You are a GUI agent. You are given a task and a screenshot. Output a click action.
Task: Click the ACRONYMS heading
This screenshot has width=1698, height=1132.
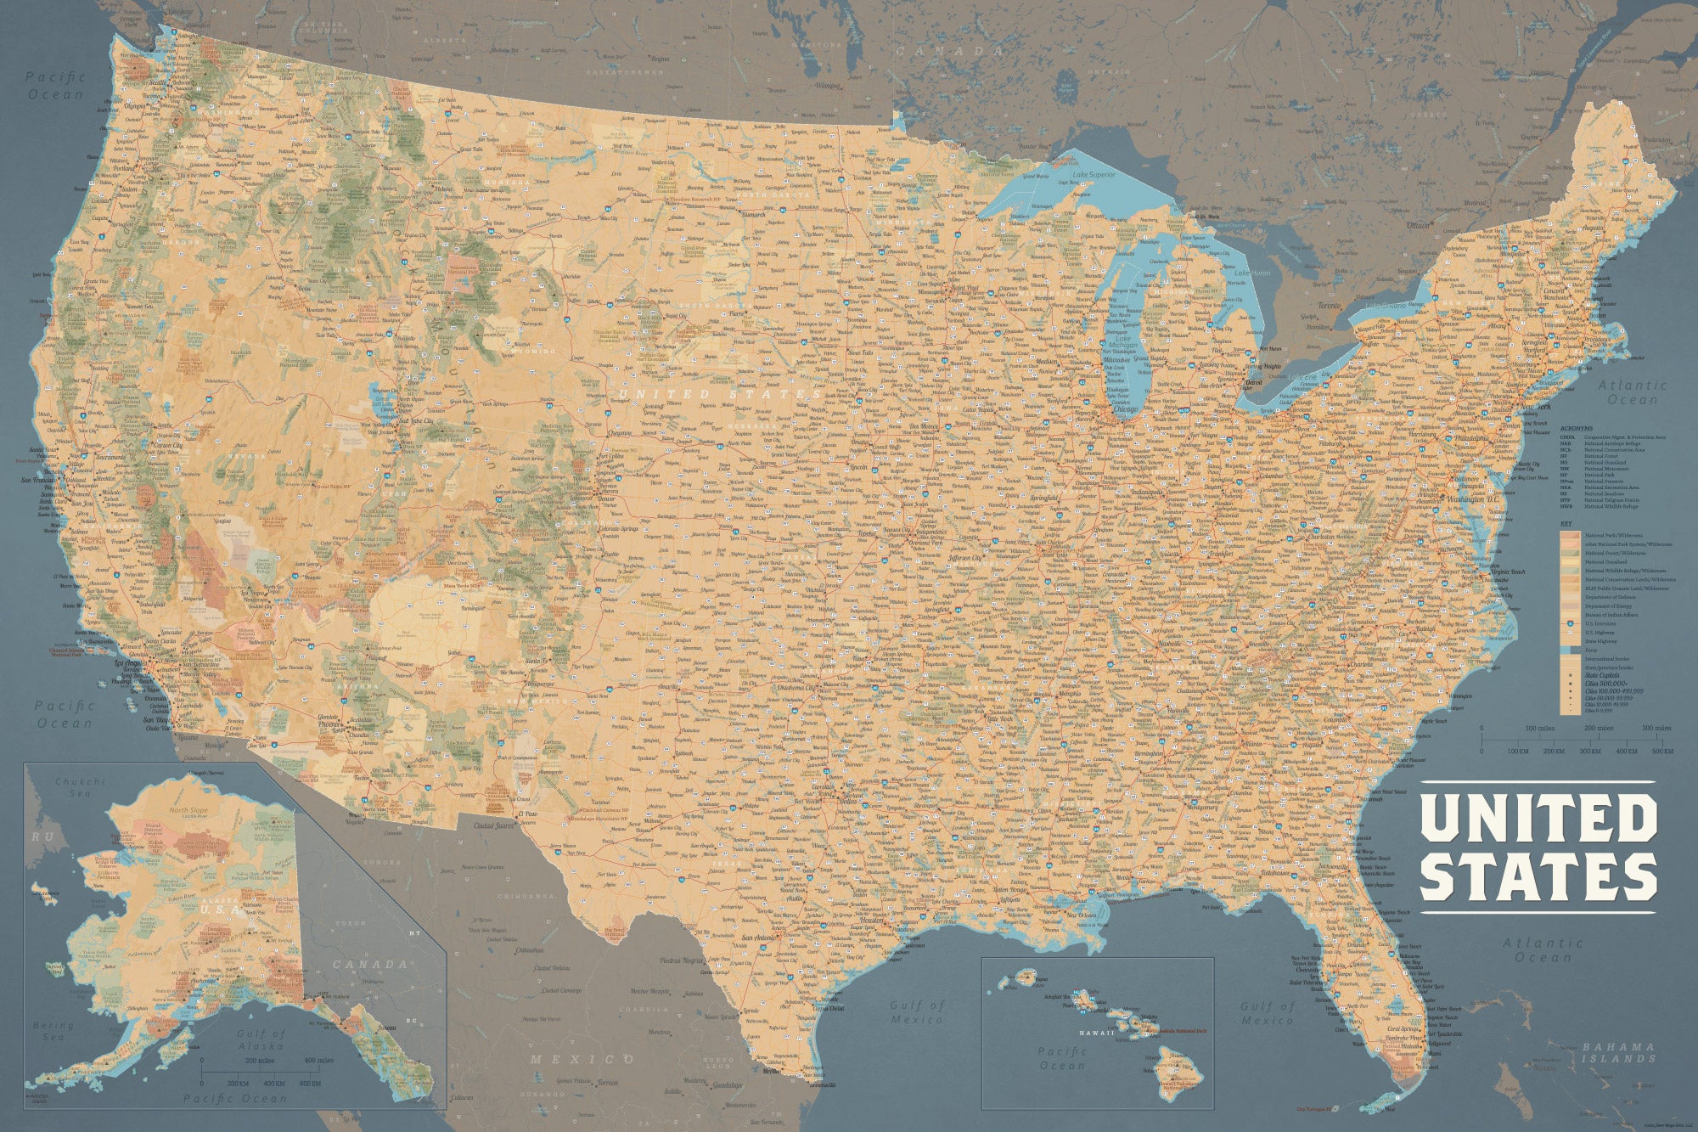pyautogui.click(x=1577, y=429)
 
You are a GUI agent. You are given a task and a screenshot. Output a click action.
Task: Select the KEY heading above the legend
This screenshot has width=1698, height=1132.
pyautogui.click(x=1566, y=523)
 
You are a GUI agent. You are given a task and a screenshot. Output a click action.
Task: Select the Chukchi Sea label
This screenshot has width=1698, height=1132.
pyautogui.click(x=80, y=787)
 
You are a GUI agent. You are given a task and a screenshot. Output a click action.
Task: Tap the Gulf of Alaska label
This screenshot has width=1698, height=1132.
pyautogui.click(x=261, y=1039)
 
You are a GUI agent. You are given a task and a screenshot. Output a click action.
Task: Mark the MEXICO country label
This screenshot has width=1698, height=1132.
pyautogui.click(x=581, y=1059)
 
